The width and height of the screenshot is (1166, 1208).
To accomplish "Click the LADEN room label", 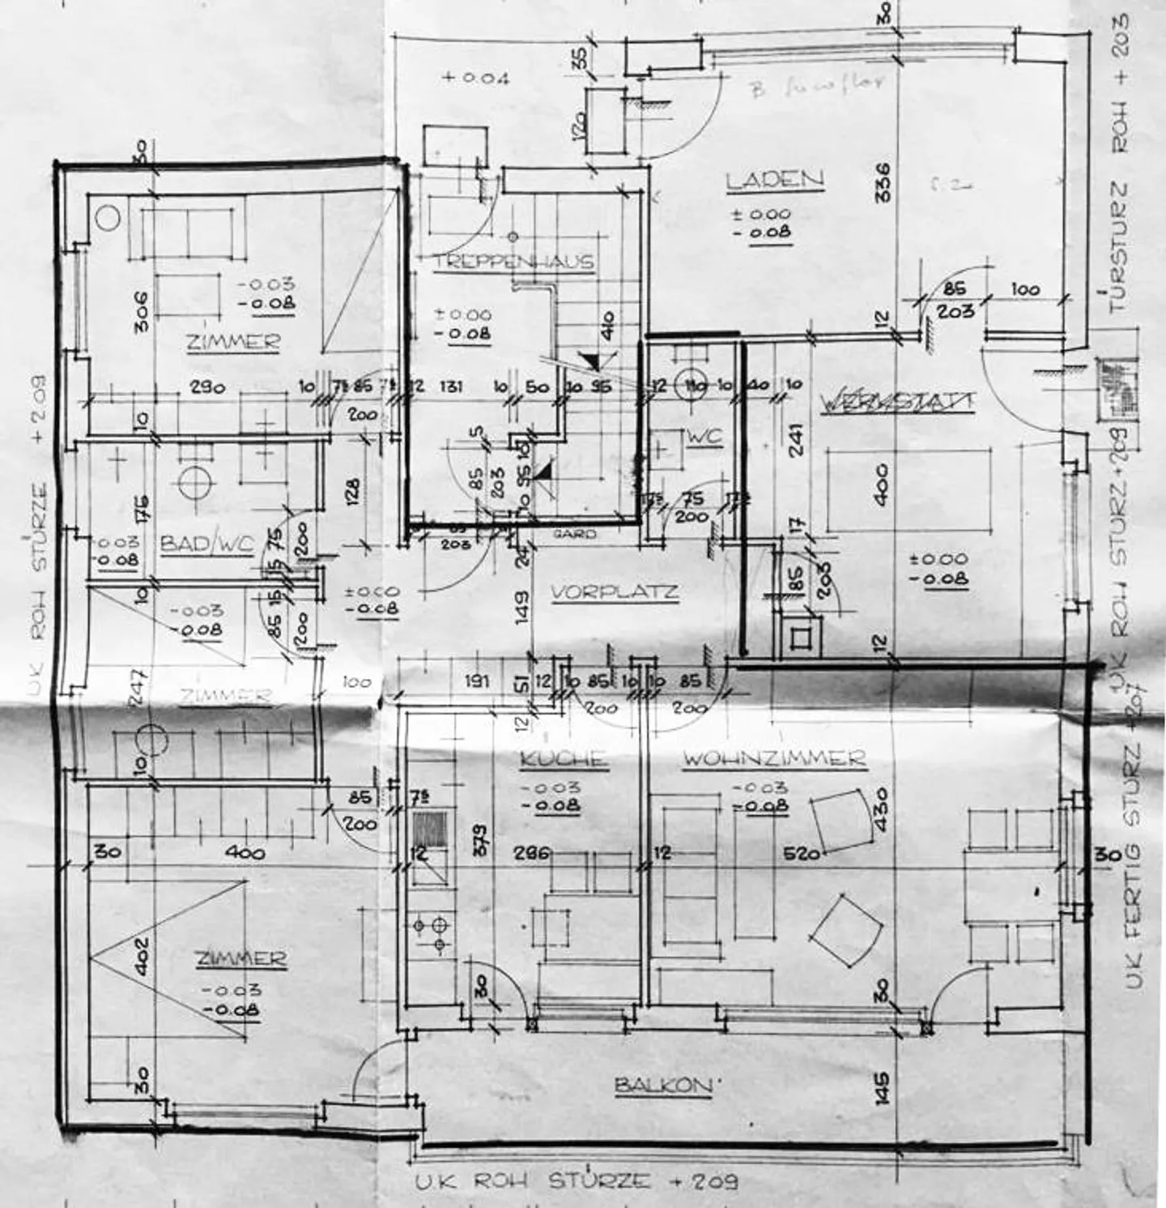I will pos(774,179).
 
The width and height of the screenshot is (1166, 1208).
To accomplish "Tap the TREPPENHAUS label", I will pos(513,261).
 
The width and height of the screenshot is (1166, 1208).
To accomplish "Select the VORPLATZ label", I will pos(615,592).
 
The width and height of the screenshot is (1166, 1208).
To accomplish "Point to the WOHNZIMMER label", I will pos(774,759).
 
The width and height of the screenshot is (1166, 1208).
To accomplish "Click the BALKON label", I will pos(662,1085).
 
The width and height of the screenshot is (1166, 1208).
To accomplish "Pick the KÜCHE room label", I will pos(563,759).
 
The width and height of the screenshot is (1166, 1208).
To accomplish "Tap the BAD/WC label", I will pos(206,543).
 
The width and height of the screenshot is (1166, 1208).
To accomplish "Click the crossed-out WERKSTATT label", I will pos(896,401).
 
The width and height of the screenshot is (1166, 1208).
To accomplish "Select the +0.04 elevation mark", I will pos(476,79).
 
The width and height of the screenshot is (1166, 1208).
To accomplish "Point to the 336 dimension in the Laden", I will pos(883,182).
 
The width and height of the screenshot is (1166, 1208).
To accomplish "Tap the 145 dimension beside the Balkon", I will pos(883,1087).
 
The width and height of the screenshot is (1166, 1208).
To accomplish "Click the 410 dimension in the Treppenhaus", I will pos(608,326).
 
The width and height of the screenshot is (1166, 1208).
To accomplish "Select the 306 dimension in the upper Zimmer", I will pos(140,311).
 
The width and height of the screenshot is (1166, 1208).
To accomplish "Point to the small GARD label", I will pos(575,534).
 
